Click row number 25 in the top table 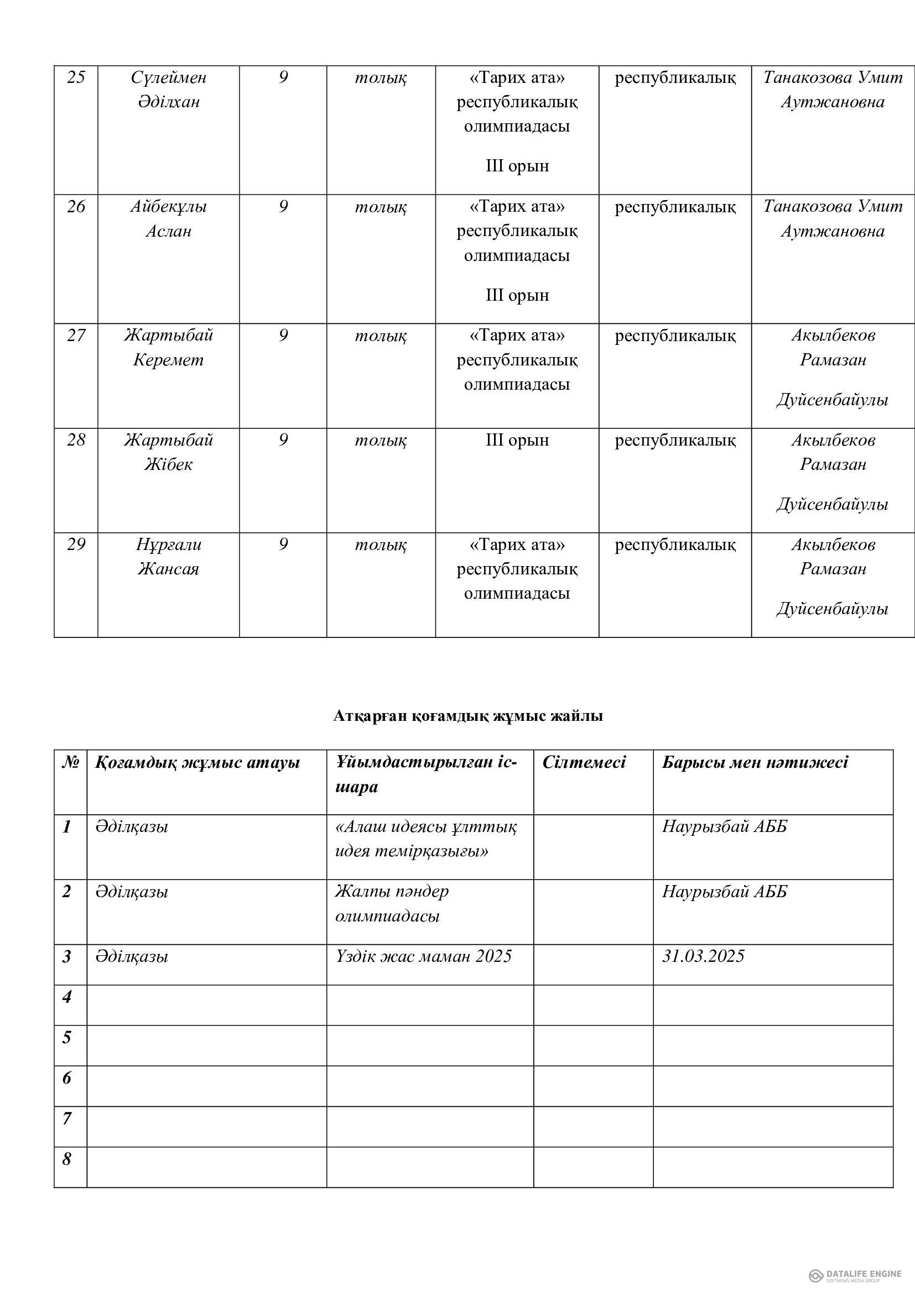(75, 77)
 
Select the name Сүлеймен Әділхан (169, 90)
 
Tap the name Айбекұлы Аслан (169, 219)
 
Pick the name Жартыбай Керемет (169, 348)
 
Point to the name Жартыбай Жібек (169, 452)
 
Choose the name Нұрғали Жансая (169, 557)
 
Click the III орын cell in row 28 (517, 441)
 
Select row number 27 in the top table (75, 336)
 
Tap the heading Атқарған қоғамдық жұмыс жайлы (467, 716)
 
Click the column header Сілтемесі (584, 762)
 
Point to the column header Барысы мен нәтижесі (755, 762)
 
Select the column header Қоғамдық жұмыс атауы (197, 762)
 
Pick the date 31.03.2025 (703, 956)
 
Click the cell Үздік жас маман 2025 (423, 956)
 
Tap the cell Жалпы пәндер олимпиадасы (392, 904)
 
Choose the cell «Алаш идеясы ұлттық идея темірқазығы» (425, 839)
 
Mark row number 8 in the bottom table (67, 1159)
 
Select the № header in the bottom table (70, 762)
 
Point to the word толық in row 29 (380, 545)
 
